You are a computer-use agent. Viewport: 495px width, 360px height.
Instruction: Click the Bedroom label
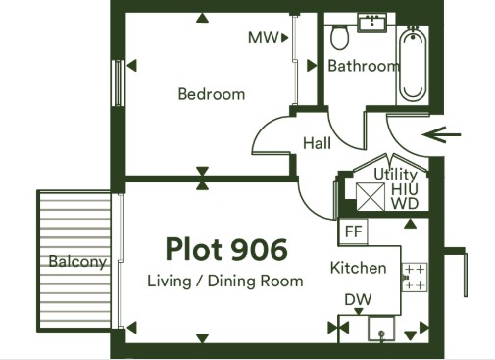pos(212,94)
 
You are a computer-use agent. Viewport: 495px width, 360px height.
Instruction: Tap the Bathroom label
pos(364,66)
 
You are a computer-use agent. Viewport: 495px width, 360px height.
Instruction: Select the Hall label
pos(317,143)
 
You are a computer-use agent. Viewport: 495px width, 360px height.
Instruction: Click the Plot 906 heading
pos(226,249)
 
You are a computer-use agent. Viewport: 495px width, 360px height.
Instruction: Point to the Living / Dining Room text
pos(225,282)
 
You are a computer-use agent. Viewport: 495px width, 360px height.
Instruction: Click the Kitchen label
pos(359,268)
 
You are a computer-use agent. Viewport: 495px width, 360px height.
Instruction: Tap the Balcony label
pos(77,262)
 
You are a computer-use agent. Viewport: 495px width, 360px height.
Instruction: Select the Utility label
pos(395,175)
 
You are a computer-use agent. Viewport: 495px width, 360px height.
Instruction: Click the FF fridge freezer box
pos(353,231)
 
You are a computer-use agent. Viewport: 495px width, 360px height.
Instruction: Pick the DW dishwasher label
pos(358,299)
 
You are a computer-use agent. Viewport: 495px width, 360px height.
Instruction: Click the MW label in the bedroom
pos(263,38)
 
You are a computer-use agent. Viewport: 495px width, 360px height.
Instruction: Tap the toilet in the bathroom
pos(340,37)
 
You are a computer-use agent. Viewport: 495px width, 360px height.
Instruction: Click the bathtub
pos(413,65)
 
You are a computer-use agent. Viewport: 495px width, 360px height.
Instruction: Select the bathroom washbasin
pos(372,23)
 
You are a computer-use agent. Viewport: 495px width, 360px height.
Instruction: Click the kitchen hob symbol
pos(415,278)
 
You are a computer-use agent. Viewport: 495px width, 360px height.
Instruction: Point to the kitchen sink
pos(381,329)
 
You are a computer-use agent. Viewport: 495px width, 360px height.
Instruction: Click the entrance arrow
pos(441,134)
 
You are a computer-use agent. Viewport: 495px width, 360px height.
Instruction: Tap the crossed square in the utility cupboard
pos(371,196)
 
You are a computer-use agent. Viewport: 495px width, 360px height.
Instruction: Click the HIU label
pos(405,189)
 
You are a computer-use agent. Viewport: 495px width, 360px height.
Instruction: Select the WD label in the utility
pos(405,203)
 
